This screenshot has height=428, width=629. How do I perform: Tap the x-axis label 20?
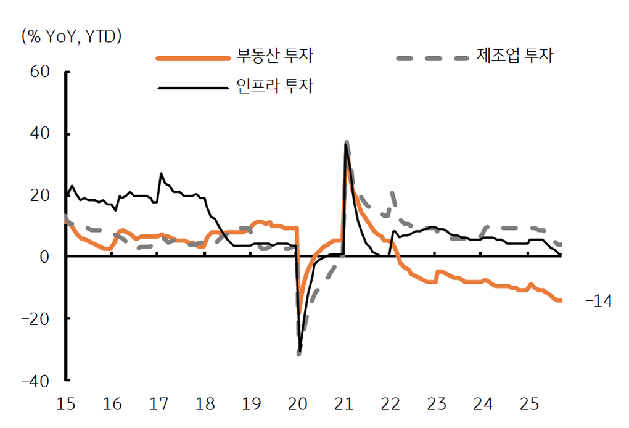click(x=297, y=405)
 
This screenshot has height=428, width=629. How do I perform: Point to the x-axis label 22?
click(x=390, y=405)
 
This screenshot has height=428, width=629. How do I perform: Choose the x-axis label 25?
click(x=529, y=405)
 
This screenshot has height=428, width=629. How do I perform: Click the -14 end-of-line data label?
click(x=598, y=302)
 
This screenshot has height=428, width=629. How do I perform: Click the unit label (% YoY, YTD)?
click(x=72, y=36)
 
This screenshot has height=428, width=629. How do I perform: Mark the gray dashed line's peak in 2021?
click(x=347, y=142)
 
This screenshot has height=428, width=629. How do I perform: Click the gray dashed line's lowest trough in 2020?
click(x=299, y=353)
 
